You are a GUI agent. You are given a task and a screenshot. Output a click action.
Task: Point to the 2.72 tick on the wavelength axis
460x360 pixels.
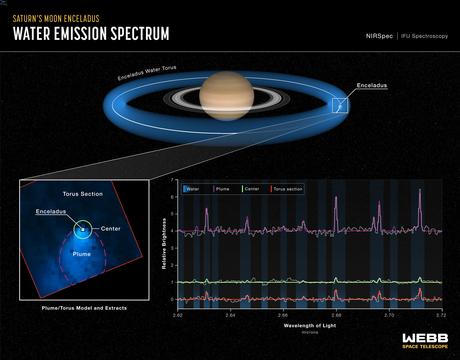pyautogui.click(x=441, y=313)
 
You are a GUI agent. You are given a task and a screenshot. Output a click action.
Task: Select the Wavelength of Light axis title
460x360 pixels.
pyautogui.click(x=309, y=325)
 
